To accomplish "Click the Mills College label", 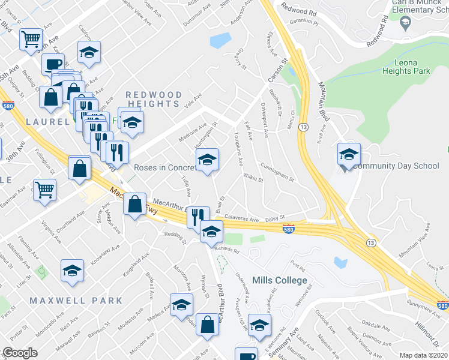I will coord(280,280).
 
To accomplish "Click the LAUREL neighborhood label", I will coord(47,121).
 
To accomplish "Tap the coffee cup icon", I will coord(53,64).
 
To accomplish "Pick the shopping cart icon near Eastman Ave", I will coord(45,190).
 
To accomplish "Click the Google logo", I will coord(20,353).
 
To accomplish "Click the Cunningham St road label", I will coord(277,172).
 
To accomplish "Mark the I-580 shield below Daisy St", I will coord(288,228).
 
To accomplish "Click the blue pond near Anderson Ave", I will coord(220,40).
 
